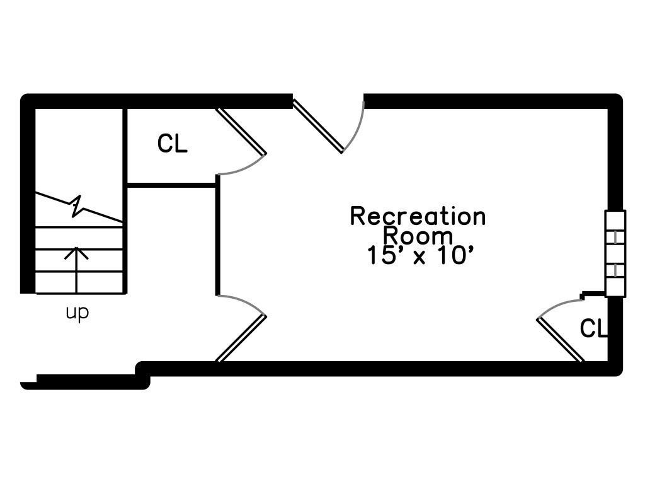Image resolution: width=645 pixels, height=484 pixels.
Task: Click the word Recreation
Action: pyautogui.click(x=418, y=217)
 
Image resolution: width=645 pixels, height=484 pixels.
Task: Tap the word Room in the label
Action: pyautogui.click(x=418, y=236)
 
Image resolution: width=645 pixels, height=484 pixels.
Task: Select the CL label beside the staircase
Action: pyautogui.click(x=173, y=144)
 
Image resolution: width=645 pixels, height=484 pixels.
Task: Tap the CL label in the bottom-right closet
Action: pyautogui.click(x=593, y=328)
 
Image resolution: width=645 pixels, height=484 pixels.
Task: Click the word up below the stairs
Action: pyautogui.click(x=77, y=313)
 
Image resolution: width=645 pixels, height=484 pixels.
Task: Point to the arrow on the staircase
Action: pyautogui.click(x=76, y=270)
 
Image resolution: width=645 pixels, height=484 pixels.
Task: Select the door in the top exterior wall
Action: pyautogui.click(x=317, y=126)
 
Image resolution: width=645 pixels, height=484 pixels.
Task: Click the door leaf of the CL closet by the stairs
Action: pyautogui.click(x=241, y=131)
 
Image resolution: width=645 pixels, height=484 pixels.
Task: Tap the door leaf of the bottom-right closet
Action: pyautogui.click(x=560, y=340)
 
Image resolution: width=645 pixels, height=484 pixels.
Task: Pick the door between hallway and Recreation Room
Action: pyautogui.click(x=241, y=338)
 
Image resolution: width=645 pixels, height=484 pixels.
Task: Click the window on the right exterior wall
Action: pyautogui.click(x=615, y=253)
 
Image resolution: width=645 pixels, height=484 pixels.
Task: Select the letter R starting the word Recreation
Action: pyautogui.click(x=357, y=217)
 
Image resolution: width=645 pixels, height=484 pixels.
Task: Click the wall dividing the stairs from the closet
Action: pyautogui.click(x=125, y=201)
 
